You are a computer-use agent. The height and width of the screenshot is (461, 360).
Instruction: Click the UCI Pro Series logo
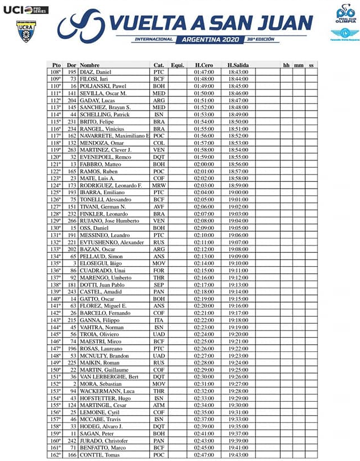26,10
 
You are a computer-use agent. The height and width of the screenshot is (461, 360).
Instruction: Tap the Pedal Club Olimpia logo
345,12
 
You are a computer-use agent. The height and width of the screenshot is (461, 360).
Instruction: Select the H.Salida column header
238,65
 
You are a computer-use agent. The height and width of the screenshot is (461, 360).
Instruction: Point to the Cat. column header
158,65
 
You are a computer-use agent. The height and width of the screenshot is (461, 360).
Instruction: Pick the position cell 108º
55,72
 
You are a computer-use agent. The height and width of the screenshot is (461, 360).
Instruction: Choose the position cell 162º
55,454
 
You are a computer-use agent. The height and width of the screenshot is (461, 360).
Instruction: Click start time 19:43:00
238,454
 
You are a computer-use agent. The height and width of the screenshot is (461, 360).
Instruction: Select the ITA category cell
158,319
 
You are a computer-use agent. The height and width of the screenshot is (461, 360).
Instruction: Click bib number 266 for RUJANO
72,220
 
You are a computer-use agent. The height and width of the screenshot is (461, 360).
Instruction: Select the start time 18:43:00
238,72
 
